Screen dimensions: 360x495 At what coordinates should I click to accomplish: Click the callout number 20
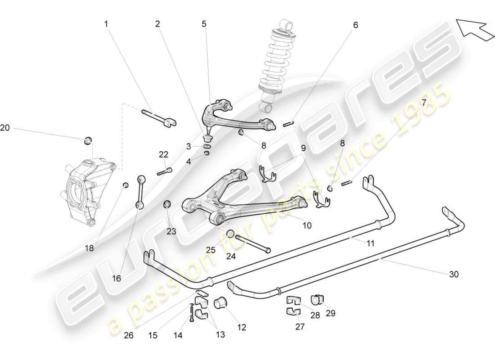point(5,128)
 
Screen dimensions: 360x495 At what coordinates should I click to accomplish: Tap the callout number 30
point(454,274)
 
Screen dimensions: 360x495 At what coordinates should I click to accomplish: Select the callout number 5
point(204,24)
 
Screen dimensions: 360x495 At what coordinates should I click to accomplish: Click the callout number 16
point(117,279)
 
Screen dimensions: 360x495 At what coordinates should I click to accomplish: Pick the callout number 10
point(306,225)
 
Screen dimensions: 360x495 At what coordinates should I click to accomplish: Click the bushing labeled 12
point(221,303)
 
